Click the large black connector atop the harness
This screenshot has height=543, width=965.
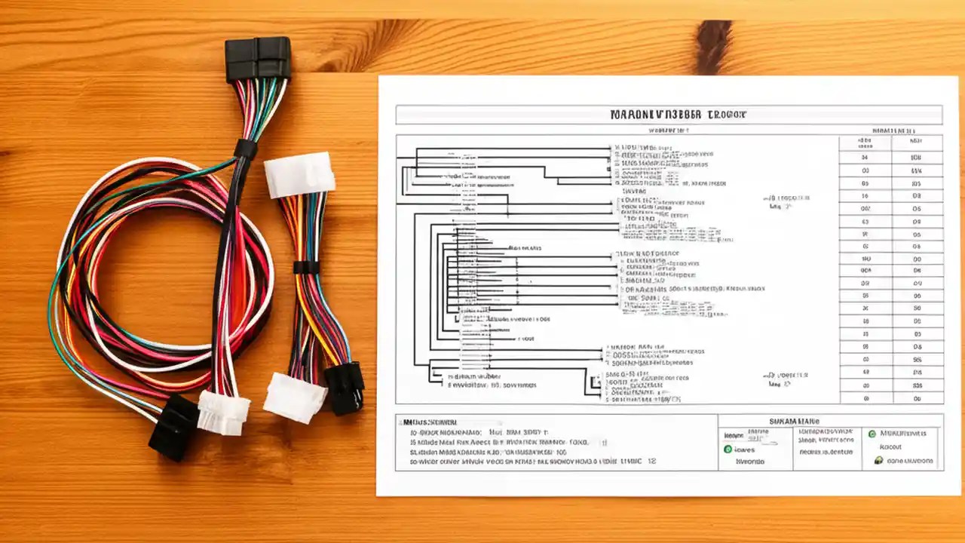(x=257, y=59)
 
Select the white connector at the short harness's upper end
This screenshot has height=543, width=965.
(x=299, y=175)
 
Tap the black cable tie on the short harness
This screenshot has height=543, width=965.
(x=306, y=267)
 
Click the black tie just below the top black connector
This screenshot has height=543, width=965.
(x=245, y=149)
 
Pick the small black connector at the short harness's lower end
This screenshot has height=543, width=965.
(x=345, y=387)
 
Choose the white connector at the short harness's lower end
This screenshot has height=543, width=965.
(x=294, y=397)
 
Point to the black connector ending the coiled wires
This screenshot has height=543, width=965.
(x=173, y=427)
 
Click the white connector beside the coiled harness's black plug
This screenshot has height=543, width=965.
(x=223, y=412)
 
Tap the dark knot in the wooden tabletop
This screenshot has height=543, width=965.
(x=712, y=47)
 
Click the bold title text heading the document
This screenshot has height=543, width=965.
(x=668, y=115)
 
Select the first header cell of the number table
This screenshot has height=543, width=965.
(x=865, y=143)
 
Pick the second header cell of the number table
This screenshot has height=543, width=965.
(x=916, y=143)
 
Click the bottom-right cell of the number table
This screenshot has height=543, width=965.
(x=916, y=397)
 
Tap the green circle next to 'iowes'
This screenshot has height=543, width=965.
(x=728, y=449)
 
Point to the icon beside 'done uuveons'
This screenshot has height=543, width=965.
(x=878, y=460)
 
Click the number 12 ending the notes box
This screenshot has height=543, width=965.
(x=651, y=460)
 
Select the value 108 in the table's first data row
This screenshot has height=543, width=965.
(x=916, y=158)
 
